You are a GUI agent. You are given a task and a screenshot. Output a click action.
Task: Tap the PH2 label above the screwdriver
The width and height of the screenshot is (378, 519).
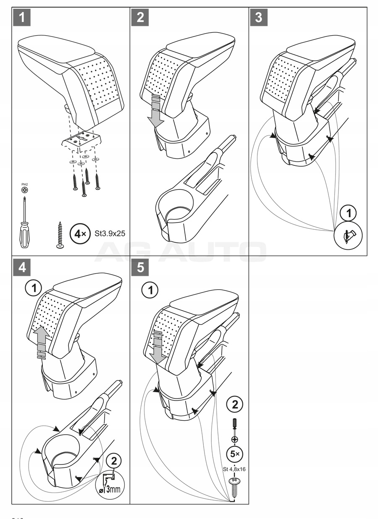tap(24, 185)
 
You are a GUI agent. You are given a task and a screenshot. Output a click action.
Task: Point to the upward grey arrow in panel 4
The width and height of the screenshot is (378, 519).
tap(41, 341)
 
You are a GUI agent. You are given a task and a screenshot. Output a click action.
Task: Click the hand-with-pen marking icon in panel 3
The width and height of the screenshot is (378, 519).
tap(348, 236)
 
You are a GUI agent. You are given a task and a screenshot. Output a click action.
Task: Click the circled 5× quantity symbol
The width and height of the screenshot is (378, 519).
tap(234, 453)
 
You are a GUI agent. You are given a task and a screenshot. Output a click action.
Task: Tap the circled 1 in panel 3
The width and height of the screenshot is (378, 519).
tap(347, 213)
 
